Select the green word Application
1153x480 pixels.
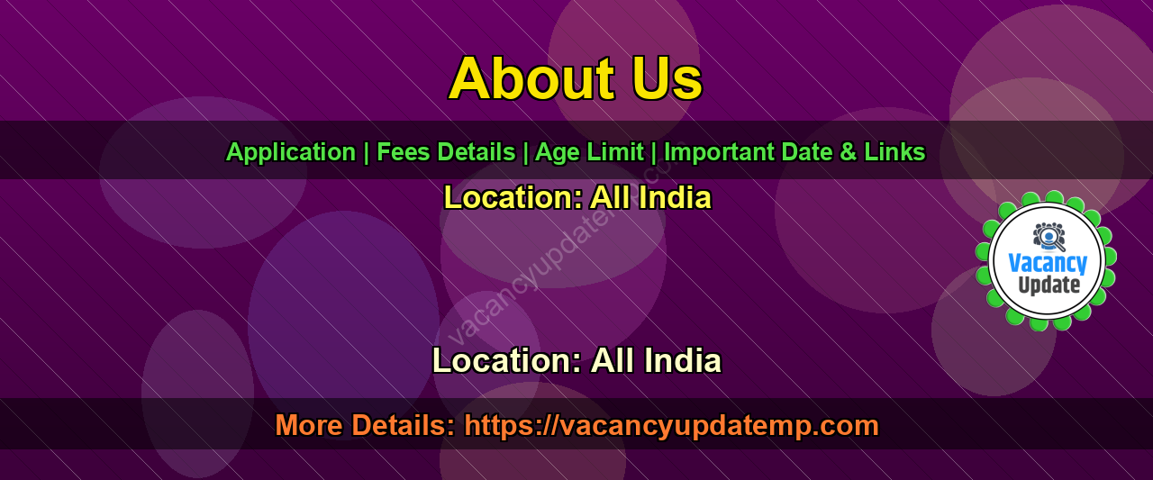pyautogui.click(x=291, y=153)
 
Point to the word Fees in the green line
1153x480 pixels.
pyautogui.click(x=403, y=152)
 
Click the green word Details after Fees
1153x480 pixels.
pyautogui.click(x=477, y=152)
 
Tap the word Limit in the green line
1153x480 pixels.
pyautogui.click(x=615, y=152)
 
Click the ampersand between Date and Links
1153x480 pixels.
pyautogui.click(x=848, y=152)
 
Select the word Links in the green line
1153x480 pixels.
pyautogui.click(x=894, y=152)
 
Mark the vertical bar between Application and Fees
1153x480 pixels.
pyautogui.click(x=366, y=153)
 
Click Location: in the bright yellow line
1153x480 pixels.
pyautogui.click(x=513, y=197)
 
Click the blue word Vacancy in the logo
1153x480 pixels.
pyautogui.click(x=1048, y=263)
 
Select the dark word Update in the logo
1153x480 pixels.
pyautogui.click(x=1049, y=285)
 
